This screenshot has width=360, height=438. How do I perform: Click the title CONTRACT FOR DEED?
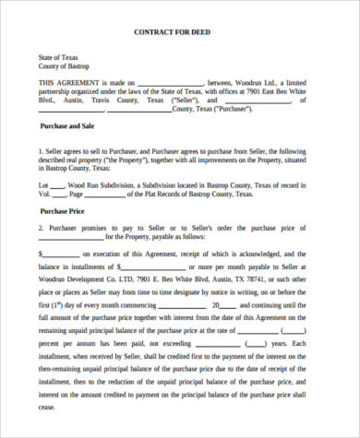(x=179, y=34)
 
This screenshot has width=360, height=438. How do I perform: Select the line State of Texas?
(x=59, y=58)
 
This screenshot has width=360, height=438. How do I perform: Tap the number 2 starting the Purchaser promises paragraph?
(x=42, y=227)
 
